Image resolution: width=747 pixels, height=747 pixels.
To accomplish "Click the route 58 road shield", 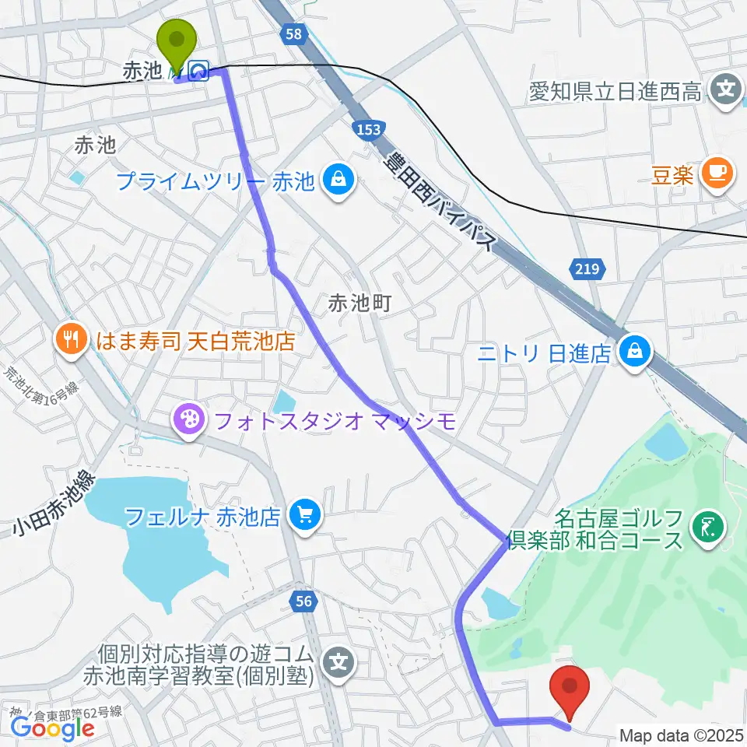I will pyautogui.click(x=293, y=34).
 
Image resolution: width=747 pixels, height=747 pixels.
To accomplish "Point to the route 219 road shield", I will pyautogui.click(x=588, y=269).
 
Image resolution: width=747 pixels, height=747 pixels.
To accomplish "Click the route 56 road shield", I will pyautogui.click(x=304, y=600).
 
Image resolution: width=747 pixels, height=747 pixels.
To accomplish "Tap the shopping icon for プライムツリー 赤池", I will pyautogui.click(x=340, y=181).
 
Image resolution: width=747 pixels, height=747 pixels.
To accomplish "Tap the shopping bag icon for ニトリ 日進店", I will pyautogui.click(x=635, y=352).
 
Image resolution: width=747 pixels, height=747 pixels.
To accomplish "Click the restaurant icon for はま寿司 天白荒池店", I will pyautogui.click(x=71, y=339).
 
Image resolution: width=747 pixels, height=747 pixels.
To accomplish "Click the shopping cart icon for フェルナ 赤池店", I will pyautogui.click(x=303, y=516).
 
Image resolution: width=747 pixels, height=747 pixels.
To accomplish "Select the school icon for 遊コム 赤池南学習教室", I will pyautogui.click(x=340, y=663).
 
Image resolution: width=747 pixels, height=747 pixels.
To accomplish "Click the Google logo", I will pyautogui.click(x=52, y=728).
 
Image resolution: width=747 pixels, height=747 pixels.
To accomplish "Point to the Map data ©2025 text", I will pyautogui.click(x=682, y=735).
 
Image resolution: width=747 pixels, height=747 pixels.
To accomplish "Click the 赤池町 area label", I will pyautogui.click(x=359, y=303).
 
